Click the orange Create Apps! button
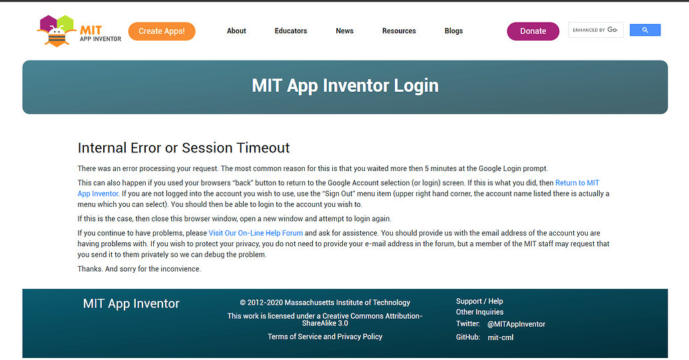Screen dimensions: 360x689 pyautogui.click(x=162, y=31)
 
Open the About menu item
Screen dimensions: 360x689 pyautogui.click(x=236, y=31)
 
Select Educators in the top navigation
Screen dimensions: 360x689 pyautogui.click(x=291, y=31)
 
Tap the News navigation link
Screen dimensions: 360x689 pyautogui.click(x=345, y=31)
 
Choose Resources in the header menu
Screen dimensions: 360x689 pyautogui.click(x=399, y=31)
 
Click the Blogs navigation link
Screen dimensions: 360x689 pyautogui.click(x=453, y=31)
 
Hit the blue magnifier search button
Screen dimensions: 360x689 pyautogui.click(x=644, y=30)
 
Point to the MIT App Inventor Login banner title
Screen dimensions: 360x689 pyautogui.click(x=345, y=86)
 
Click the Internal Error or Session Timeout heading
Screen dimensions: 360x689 pyautogui.click(x=184, y=148)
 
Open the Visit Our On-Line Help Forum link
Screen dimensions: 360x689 pyautogui.click(x=256, y=233)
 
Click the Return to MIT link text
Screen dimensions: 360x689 pyautogui.click(x=577, y=183)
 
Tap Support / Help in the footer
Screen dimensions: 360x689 pyautogui.click(x=479, y=301)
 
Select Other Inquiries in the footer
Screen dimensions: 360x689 pyautogui.click(x=479, y=312)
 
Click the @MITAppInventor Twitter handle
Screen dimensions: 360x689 pyautogui.click(x=516, y=324)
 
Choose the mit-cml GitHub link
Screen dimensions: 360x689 pyautogui.click(x=501, y=337)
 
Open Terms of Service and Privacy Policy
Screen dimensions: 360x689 pyautogui.click(x=325, y=337)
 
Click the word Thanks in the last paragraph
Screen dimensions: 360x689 pyautogui.click(x=90, y=269)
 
